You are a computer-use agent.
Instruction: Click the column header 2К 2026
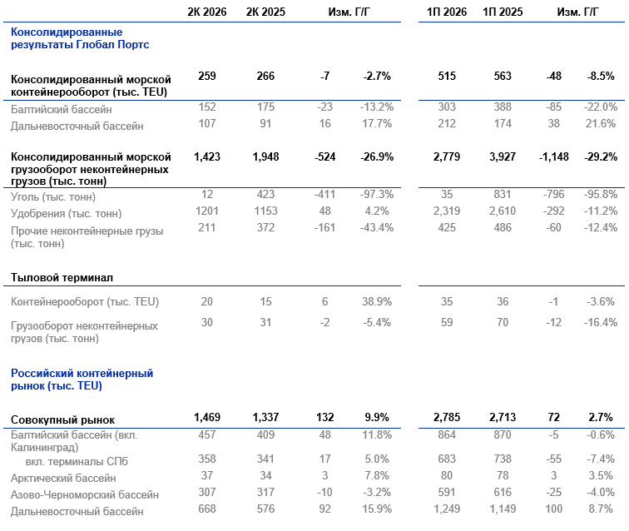pos(207,12)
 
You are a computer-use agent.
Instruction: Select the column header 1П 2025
pos(503,12)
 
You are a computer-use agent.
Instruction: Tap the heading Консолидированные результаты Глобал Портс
pos(80,38)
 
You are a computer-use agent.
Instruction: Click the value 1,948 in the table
pos(265,156)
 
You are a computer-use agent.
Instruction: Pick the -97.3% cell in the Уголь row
pos(377,194)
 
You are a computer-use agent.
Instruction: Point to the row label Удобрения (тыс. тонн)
pos(67,213)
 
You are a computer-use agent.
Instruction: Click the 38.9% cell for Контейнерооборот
pos(377,301)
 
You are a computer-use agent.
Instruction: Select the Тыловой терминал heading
pos(62,277)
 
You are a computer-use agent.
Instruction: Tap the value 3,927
pos(503,156)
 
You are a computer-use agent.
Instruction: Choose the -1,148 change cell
pos(553,156)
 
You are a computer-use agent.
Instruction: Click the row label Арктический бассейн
pos(63,478)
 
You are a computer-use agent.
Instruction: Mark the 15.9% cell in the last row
pos(377,509)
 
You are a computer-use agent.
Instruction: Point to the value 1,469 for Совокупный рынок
pos(207,418)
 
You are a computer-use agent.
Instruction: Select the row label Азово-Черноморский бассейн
pos(85,494)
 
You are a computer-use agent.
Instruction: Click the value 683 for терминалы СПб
pos(447,459)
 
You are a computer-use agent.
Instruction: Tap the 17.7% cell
pos(377,123)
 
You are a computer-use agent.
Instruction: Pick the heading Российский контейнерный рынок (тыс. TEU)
pos(82,380)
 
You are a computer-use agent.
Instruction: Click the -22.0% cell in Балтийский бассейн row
pos(601,107)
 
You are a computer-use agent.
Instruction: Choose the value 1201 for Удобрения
pos(207,211)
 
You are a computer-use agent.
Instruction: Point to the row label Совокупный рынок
pos(62,419)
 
